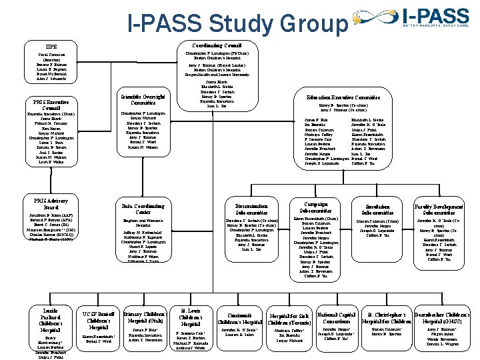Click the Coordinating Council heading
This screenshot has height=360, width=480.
[215, 45]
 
